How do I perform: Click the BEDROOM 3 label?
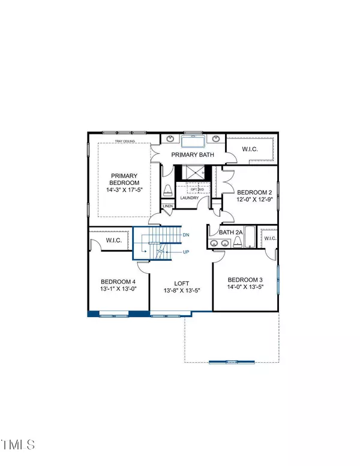click(x=245, y=279)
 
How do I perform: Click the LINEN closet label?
click(x=167, y=207)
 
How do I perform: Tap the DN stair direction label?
click(x=186, y=232)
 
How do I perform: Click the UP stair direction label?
click(x=186, y=252)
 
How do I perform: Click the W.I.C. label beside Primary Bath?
click(x=250, y=148)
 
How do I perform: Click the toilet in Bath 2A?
click(x=238, y=241)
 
